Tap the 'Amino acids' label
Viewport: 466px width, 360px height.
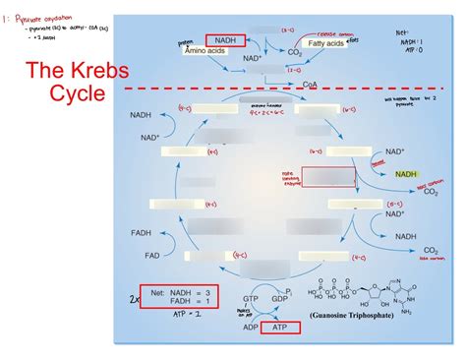click(204, 48)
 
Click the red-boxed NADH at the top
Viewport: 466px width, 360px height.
click(225, 39)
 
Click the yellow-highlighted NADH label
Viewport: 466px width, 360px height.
click(406, 174)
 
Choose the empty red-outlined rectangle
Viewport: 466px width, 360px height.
click(340, 176)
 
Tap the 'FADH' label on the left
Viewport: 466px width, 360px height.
click(142, 234)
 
